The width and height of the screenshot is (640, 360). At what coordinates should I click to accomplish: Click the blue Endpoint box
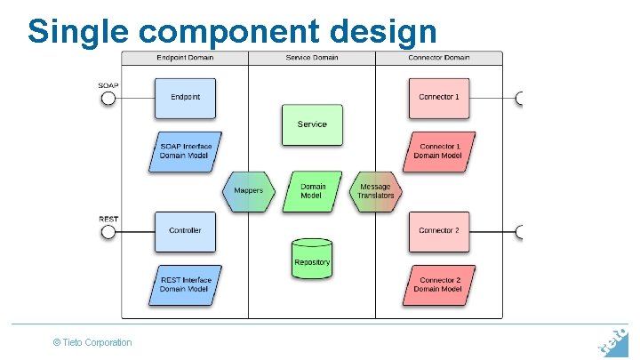[x=185, y=98]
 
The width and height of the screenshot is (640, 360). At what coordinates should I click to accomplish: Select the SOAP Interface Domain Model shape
[x=185, y=152]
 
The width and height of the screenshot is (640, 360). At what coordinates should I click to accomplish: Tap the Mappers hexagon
[x=248, y=191]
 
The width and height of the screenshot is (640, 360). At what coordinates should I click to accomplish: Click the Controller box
[x=185, y=231]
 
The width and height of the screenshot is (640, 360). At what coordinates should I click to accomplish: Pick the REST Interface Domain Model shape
[x=185, y=285]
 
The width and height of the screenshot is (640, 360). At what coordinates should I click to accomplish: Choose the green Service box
[x=312, y=124]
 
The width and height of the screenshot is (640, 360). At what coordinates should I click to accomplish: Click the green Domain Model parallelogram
[x=312, y=191]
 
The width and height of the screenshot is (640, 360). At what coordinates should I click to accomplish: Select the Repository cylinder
[x=312, y=259]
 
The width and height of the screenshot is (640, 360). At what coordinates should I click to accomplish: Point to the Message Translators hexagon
[x=375, y=191]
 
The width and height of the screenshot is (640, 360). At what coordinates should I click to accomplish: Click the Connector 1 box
[x=439, y=98]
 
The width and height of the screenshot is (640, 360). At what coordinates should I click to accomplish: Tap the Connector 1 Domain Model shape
[x=439, y=152]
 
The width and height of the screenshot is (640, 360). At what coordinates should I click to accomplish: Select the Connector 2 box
[x=439, y=231]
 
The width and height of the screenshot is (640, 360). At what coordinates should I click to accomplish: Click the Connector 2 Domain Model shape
[x=439, y=285]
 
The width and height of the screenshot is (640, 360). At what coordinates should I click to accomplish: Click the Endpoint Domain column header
[x=185, y=58]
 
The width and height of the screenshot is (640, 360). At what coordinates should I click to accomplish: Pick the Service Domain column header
[x=312, y=58]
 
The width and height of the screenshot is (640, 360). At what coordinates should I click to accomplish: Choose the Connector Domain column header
[x=439, y=58]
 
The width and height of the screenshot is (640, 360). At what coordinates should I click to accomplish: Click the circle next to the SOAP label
[x=108, y=98]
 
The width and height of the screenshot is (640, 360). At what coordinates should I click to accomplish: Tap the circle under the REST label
[x=108, y=232]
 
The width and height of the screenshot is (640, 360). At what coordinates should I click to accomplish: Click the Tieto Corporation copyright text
[x=92, y=342]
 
